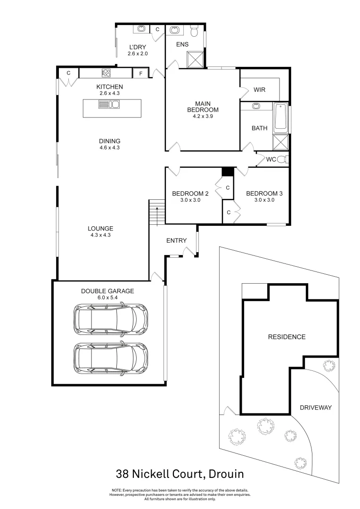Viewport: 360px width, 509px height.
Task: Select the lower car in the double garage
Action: click(x=110, y=358)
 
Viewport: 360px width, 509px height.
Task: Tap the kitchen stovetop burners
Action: click(x=106, y=73)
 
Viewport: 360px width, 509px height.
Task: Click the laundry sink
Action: click(x=141, y=29)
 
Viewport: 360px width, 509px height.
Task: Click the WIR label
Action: click(x=260, y=90)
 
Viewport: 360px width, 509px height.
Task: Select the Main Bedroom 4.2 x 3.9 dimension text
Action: click(x=202, y=116)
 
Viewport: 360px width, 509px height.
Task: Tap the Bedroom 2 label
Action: click(x=190, y=193)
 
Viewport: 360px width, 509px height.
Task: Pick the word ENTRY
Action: click(x=176, y=241)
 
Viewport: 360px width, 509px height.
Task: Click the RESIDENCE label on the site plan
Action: click(x=286, y=337)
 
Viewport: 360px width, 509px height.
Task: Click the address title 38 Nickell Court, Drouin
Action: click(x=180, y=473)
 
